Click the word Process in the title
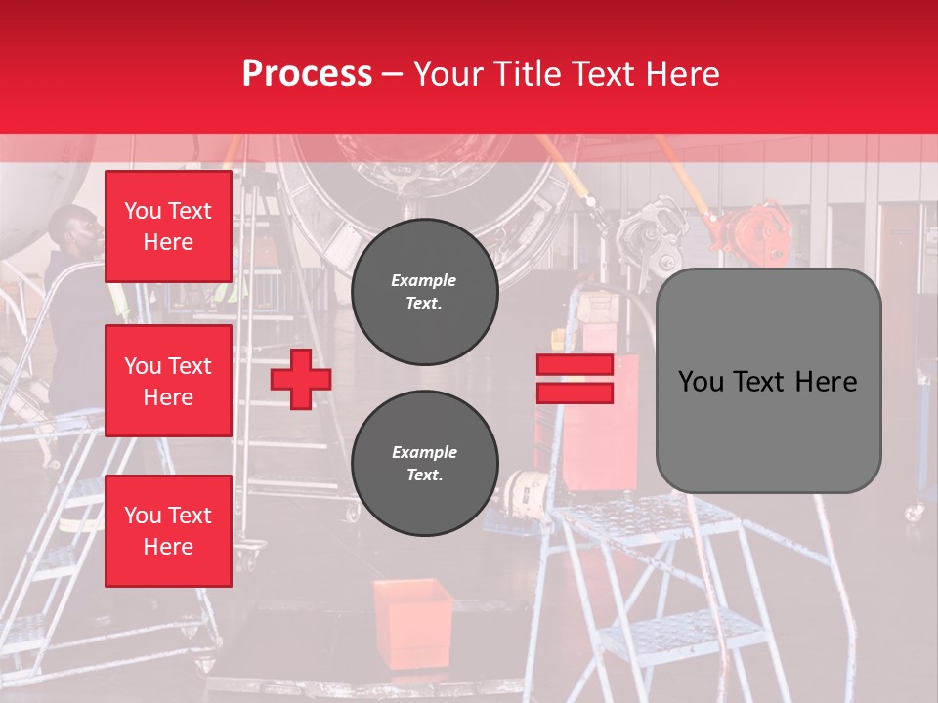(x=307, y=73)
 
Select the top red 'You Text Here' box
(x=168, y=227)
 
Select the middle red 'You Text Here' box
(x=168, y=381)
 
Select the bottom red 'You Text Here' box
(x=168, y=531)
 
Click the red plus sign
(x=301, y=379)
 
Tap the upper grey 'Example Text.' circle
(x=424, y=292)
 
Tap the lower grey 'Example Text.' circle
(x=424, y=464)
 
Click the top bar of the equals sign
(x=575, y=364)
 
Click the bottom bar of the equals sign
(x=575, y=393)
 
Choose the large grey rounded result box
(x=768, y=381)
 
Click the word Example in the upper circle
(x=423, y=280)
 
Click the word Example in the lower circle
(x=424, y=452)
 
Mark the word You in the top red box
(x=142, y=211)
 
